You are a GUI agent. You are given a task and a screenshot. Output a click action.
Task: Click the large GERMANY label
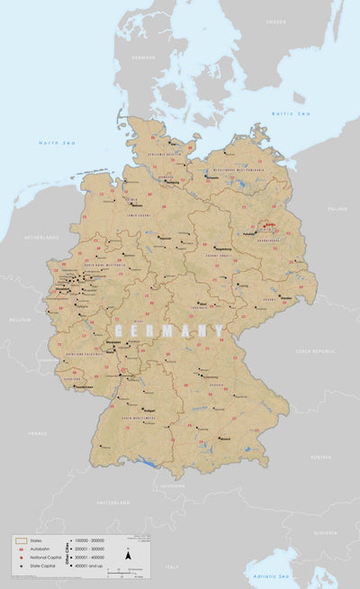(168, 331)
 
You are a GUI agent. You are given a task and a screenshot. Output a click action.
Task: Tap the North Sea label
(54, 143)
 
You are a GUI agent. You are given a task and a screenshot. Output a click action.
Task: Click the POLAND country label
(337, 208)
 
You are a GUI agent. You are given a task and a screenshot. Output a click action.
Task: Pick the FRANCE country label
(37, 433)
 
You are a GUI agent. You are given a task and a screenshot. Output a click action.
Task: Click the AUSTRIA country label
(320, 458)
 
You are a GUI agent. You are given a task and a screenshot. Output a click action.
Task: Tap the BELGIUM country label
(19, 319)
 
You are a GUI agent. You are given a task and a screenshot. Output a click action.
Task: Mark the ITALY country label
(171, 566)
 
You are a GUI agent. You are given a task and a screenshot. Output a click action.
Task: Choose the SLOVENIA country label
(327, 532)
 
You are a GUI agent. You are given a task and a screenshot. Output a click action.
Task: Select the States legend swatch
(20, 540)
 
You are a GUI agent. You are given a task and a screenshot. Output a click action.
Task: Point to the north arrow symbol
(129, 556)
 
